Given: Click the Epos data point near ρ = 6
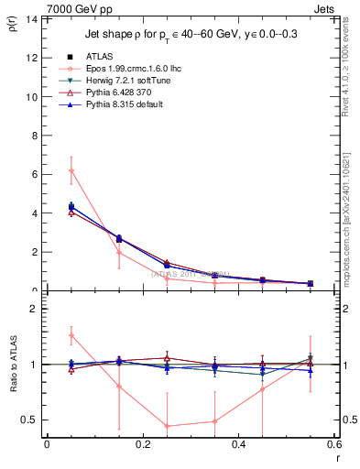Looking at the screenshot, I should click(x=71, y=170).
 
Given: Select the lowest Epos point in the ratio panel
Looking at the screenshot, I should click(x=167, y=426).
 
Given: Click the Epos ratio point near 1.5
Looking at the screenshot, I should click(x=71, y=335).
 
